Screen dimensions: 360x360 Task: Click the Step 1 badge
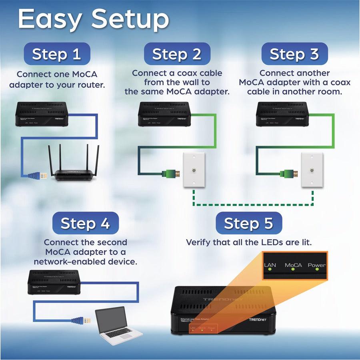(56, 54)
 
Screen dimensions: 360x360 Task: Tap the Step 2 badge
(176, 54)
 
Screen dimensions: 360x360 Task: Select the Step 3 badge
(294, 54)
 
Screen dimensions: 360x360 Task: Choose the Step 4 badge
(85, 223)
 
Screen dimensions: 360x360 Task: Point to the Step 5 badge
(248, 223)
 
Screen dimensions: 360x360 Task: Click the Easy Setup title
(94, 19)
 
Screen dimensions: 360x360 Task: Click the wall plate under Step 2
(194, 170)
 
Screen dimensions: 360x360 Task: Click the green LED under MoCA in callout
(293, 269)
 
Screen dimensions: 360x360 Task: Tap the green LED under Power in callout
(317, 269)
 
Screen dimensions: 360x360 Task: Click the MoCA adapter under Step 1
(42, 114)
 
